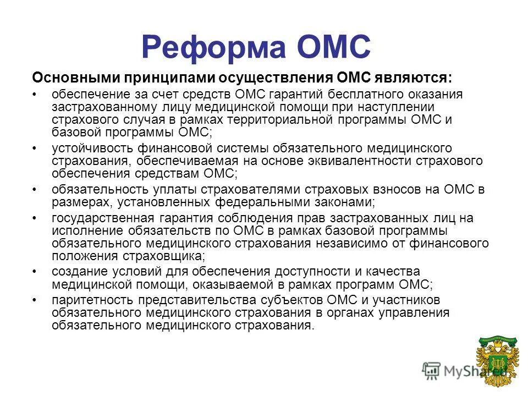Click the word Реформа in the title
pos(215,46)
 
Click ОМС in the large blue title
pos(333,46)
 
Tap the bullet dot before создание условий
pos(35,272)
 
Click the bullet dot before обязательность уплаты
pos(35,189)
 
